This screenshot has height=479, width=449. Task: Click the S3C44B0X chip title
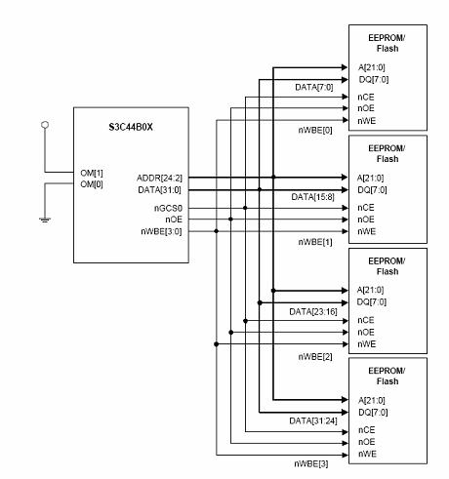[x=131, y=127]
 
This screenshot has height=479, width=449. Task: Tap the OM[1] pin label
[x=92, y=173]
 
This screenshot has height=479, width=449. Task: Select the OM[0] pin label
[x=92, y=184]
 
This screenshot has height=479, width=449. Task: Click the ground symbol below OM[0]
[x=45, y=220]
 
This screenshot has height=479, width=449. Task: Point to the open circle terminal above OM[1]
[x=45, y=125]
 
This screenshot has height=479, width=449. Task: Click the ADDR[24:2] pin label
[x=159, y=178]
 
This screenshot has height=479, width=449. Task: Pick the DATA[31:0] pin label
[x=159, y=189]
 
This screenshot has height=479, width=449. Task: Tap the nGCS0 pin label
[x=168, y=208]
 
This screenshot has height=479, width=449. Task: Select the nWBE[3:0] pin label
[x=161, y=231]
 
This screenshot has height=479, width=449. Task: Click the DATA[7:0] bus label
[x=314, y=87]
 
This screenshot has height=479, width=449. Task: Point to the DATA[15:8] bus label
[x=312, y=197]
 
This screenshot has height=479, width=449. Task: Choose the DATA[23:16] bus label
[x=313, y=312]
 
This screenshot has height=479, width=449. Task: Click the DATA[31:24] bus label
[x=313, y=420]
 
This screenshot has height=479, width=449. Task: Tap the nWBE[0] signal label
[x=315, y=131]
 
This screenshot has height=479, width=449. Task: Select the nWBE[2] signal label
[x=315, y=357]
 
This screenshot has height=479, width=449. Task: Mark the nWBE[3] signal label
[x=311, y=463]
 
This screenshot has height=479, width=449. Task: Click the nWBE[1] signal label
[x=315, y=242]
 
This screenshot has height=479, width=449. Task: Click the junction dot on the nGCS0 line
[x=245, y=208]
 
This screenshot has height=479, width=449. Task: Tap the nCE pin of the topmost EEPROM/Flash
[x=366, y=97]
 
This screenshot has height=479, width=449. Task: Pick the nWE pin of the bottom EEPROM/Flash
[x=367, y=454]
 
